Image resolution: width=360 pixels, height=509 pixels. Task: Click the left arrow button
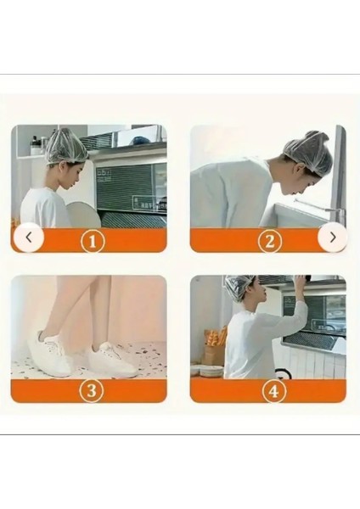29,238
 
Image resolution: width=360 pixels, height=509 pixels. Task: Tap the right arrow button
333,238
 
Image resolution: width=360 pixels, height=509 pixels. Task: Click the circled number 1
93,241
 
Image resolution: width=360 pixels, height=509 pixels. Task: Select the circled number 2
270,241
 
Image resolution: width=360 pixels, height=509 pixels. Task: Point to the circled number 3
92,390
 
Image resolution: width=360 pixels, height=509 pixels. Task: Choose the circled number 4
274,391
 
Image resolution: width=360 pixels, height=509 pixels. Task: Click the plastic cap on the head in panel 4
239,288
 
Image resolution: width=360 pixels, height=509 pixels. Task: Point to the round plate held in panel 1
84,215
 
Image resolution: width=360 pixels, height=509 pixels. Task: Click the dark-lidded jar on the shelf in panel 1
34,147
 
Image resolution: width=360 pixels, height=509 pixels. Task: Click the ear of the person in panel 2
296,170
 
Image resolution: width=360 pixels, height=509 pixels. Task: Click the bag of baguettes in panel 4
215,345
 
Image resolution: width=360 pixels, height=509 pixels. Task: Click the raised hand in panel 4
301,279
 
